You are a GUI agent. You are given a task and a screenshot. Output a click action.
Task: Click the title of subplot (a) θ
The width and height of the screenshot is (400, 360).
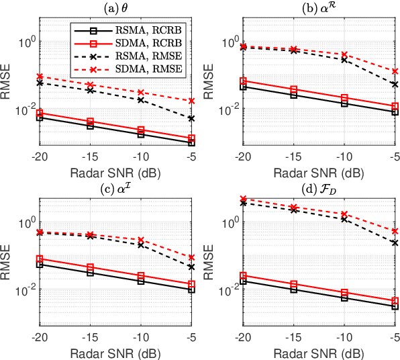tap(115, 7)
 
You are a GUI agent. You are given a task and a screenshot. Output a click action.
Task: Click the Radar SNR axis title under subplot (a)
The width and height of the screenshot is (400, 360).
tap(116, 171)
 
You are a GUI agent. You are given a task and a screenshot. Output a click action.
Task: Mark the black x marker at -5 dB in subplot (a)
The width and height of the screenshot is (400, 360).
tap(192, 118)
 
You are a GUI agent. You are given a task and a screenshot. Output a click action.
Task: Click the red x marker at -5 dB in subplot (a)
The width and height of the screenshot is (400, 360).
tap(192, 101)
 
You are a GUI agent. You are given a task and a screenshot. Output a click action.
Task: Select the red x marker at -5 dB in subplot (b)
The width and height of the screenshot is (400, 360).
tap(395, 71)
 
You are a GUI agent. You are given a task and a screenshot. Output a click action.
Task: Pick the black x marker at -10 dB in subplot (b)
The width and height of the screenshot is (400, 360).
tap(344, 60)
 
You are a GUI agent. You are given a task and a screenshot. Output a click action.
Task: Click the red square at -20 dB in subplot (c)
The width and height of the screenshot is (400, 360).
tap(39, 259)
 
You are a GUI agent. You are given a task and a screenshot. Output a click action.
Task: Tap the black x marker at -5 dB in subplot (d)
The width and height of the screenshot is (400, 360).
tap(395, 242)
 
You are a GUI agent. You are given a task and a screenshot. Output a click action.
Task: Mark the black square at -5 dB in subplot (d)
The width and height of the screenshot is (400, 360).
tap(395, 307)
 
